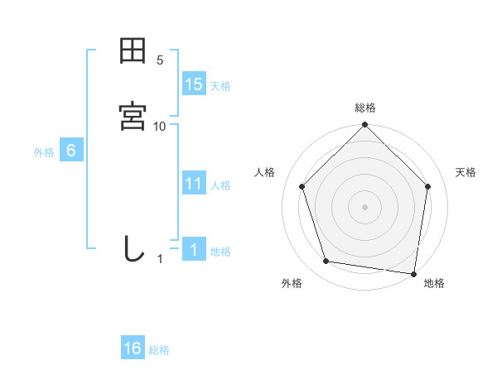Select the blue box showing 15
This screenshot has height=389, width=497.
[194, 84]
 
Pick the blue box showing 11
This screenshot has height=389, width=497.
[194, 184]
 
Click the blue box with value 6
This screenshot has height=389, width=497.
[71, 151]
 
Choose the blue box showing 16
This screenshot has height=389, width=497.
[133, 348]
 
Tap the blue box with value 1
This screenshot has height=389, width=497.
[194, 250]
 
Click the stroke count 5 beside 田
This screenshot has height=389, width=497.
[160, 60]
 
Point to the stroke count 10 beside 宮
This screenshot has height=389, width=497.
[160, 126]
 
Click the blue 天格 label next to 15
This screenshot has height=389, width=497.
[220, 86]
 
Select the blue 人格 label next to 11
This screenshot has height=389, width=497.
[220, 185]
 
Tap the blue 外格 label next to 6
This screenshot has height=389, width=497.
[44, 152]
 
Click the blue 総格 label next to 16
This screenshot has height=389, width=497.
[159, 350]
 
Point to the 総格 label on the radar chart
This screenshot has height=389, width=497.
[365, 108]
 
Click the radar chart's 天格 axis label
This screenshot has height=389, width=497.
[466, 172]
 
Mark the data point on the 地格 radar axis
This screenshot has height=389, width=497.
[414, 273]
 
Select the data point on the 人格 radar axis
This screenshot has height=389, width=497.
[302, 186]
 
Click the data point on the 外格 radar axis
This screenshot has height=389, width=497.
[326, 262]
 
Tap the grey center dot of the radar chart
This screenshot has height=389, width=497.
[365, 206]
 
